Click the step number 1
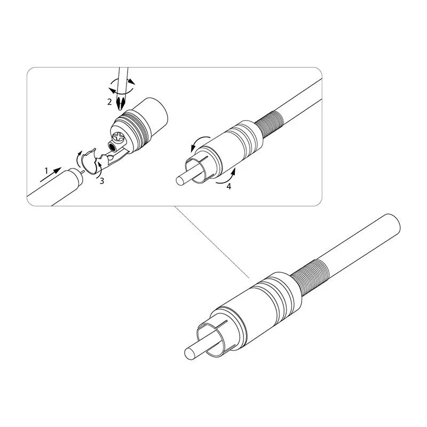coord(46,171)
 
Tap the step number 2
coord(109,102)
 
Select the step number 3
coord(102,181)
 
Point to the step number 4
coord(229,186)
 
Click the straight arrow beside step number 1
coord(51,175)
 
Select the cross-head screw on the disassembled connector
coord(119,137)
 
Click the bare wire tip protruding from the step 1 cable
coord(82,171)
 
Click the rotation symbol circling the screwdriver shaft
coord(122,86)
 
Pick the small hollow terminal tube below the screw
coord(112,148)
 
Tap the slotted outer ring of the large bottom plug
coord(215,338)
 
